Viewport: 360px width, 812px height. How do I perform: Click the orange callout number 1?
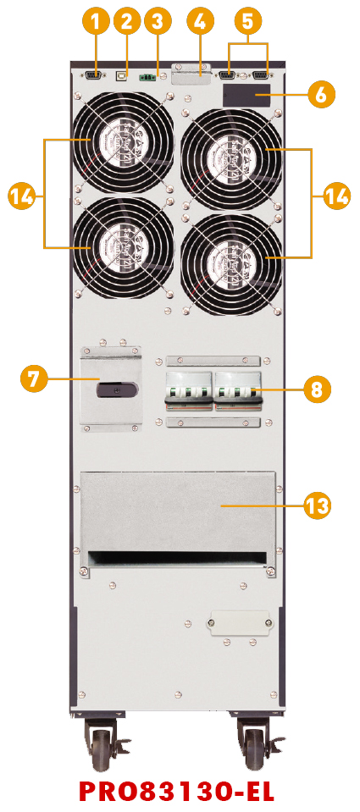click(97, 22)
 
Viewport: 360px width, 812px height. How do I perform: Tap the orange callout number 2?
click(126, 22)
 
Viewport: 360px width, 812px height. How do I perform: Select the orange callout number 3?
click(157, 22)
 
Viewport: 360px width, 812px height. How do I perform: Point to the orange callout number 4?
click(201, 22)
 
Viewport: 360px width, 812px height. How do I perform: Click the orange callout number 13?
click(316, 504)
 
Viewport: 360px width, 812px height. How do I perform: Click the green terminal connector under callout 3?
click(147, 78)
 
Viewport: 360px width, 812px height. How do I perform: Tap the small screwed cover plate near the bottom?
click(241, 621)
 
